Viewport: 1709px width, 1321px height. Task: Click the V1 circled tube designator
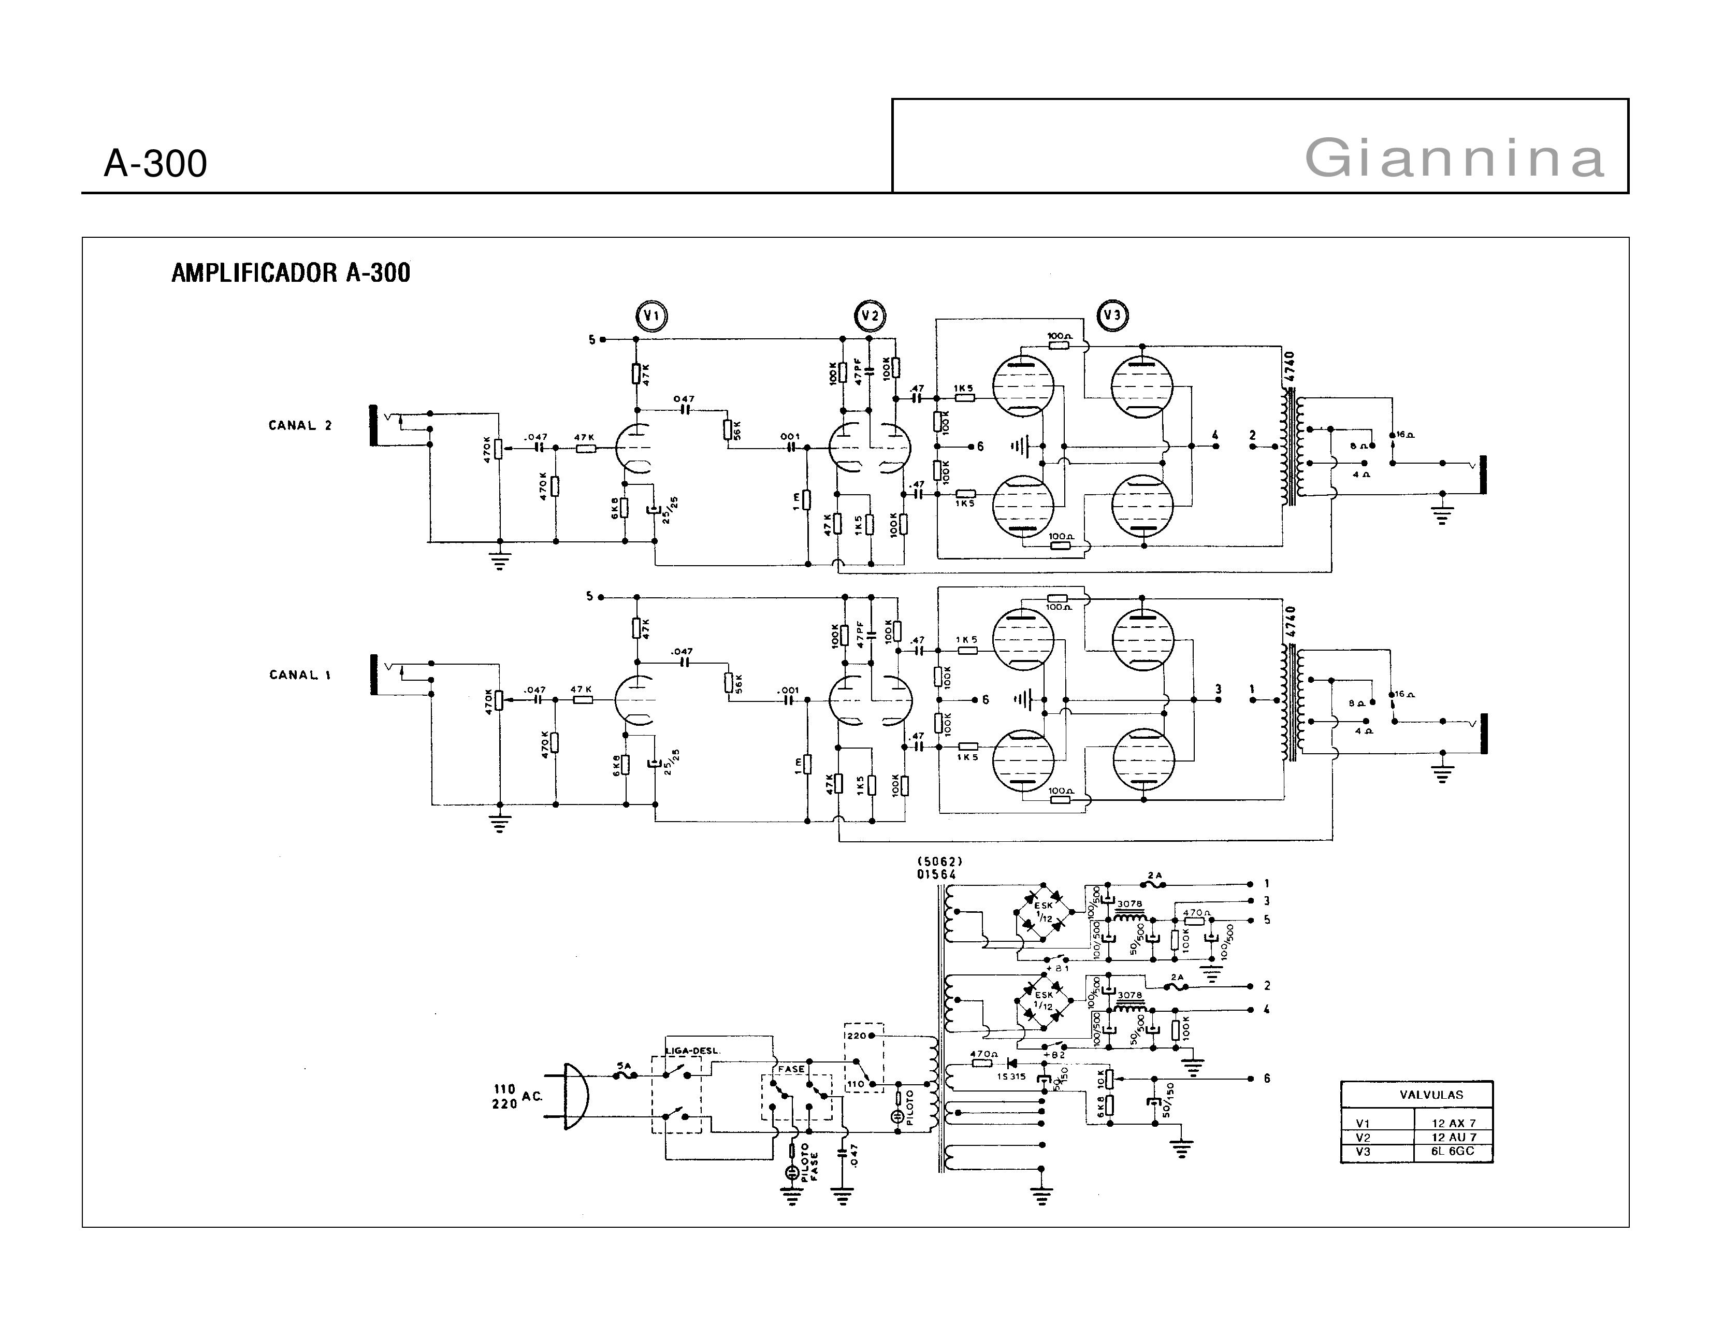click(x=651, y=316)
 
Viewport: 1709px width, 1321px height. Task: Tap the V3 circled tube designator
click(x=1111, y=315)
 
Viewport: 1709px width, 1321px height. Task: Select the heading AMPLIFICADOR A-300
click(x=291, y=273)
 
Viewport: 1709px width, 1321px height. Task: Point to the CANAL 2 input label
click(x=300, y=426)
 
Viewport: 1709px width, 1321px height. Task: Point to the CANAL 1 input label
click(x=300, y=674)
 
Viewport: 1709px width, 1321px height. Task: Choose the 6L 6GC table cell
click(x=1452, y=1151)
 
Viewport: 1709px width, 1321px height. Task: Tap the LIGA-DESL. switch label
click(x=692, y=1050)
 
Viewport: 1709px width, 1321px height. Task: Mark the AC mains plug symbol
click(x=575, y=1096)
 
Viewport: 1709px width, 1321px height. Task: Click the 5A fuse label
click(x=624, y=1066)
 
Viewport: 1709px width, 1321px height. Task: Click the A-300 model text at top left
click(x=155, y=164)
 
